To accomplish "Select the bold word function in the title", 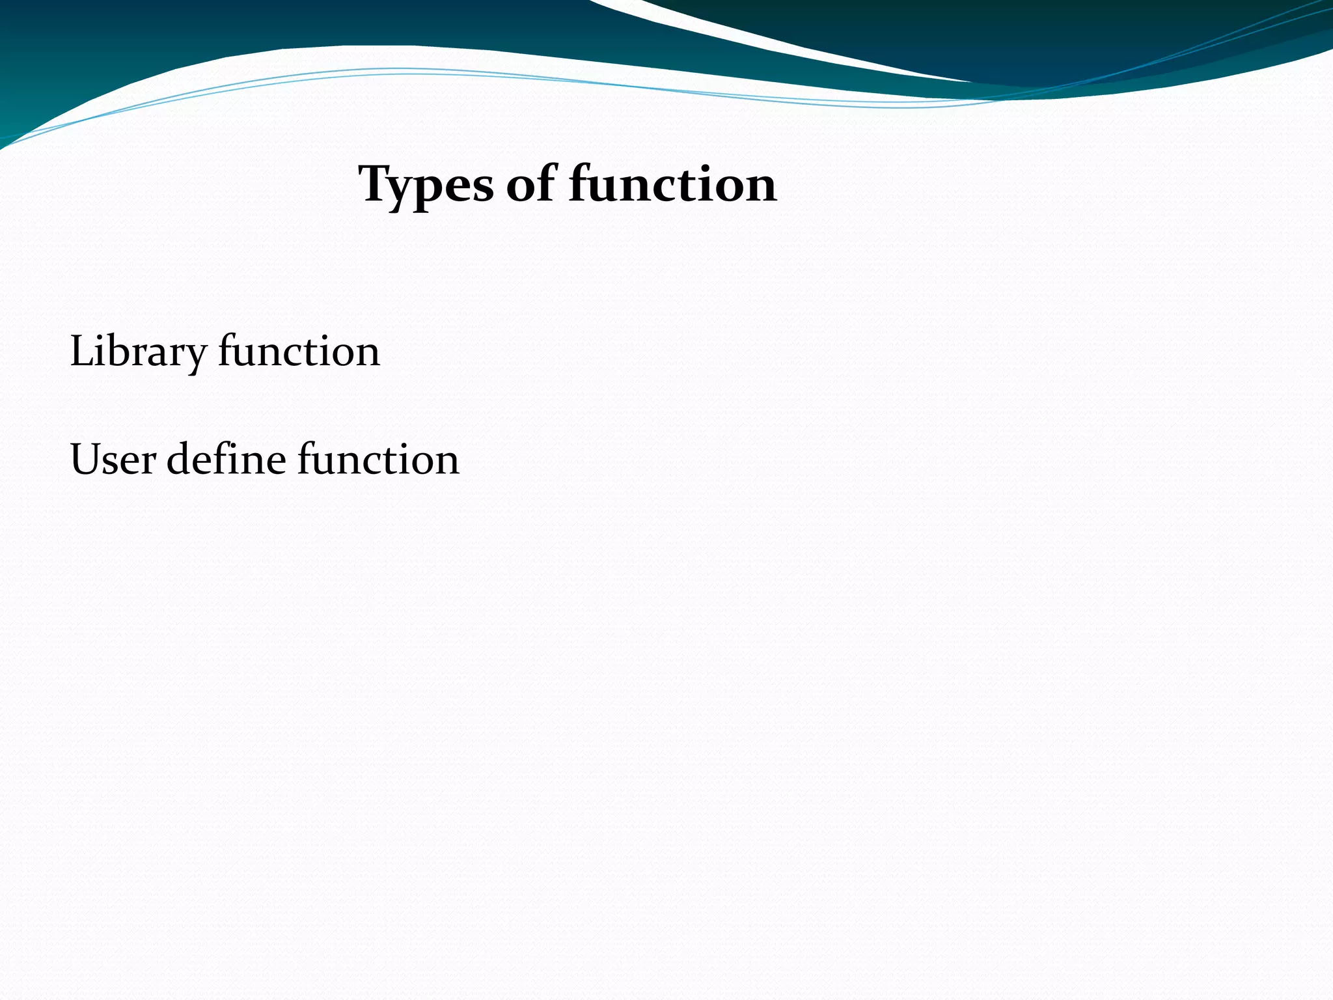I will (672, 184).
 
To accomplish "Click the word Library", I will (137, 352).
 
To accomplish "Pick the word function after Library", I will (299, 351).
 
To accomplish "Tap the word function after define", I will (378, 460).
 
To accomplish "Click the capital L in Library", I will (80, 351).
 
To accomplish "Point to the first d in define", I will (179, 460).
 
